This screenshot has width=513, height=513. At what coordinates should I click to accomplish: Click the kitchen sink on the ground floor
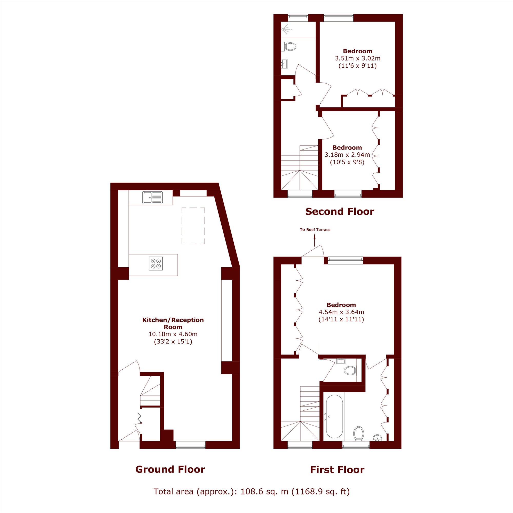[152, 198]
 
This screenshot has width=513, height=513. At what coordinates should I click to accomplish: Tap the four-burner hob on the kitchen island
[156, 263]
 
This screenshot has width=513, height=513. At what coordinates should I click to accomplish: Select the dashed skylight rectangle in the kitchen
[193, 226]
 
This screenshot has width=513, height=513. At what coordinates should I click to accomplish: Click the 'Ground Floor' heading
[170, 469]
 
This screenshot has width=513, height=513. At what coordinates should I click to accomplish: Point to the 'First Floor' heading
[337, 470]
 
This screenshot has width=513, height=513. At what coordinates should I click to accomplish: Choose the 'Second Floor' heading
[340, 212]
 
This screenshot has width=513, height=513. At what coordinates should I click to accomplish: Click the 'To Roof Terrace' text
[315, 230]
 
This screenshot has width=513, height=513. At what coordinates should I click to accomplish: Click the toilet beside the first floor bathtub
[359, 433]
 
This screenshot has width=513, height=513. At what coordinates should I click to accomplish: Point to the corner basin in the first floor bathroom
[377, 438]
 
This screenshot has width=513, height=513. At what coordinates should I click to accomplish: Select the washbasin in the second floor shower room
[284, 64]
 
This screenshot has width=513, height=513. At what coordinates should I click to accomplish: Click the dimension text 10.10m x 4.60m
[173, 334]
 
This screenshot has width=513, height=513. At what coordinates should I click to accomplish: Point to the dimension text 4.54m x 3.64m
[341, 312]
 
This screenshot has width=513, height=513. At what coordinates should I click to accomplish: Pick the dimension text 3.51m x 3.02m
[358, 58]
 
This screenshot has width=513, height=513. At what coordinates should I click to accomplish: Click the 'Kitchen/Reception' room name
[173, 320]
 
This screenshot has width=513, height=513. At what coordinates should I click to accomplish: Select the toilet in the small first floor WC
[350, 370]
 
